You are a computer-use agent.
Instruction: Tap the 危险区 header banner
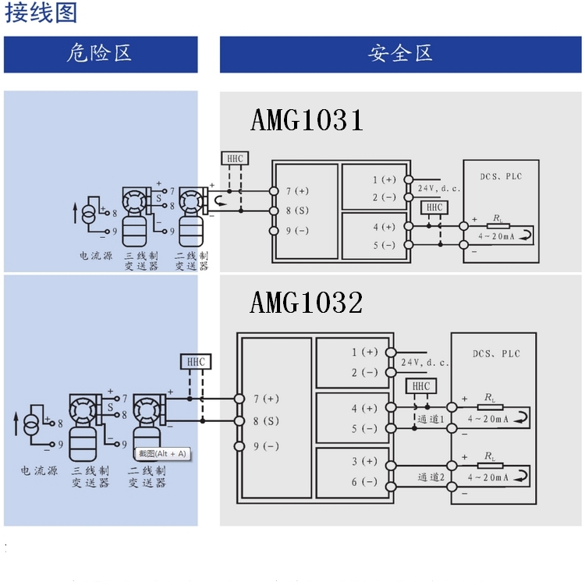tap(100, 54)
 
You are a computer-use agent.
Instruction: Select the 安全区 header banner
tap(400, 54)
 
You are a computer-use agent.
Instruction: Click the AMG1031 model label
tap(307, 121)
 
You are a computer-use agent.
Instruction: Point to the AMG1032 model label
tap(307, 303)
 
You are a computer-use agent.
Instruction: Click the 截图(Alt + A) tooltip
tap(162, 453)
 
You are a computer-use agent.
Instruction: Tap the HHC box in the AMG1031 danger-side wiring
tap(235, 158)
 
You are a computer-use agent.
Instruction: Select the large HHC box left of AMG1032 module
tap(195, 362)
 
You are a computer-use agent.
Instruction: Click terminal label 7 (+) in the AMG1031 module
tap(297, 190)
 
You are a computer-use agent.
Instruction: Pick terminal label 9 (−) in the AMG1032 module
tap(265, 446)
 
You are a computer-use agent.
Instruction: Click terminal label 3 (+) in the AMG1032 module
tap(364, 462)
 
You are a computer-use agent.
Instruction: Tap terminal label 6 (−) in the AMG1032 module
tap(364, 482)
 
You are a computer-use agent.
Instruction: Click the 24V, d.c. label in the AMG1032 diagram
tap(425, 363)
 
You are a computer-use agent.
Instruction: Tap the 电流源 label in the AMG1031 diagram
tap(95, 255)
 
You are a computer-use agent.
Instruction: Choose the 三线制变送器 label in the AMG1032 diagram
tap(90, 477)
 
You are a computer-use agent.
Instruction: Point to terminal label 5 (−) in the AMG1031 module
tap(384, 246)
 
